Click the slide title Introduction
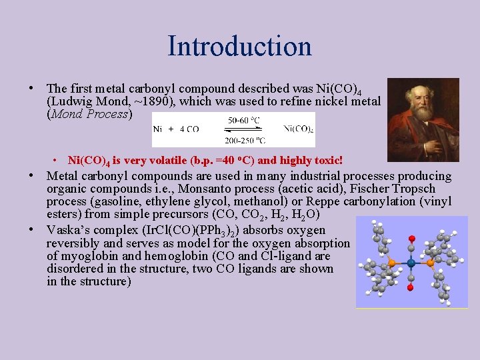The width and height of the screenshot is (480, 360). click(239, 46)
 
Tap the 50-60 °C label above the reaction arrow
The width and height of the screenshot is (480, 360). click(244, 120)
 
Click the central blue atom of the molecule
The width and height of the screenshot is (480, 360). click(411, 263)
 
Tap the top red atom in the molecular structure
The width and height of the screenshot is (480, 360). click(411, 238)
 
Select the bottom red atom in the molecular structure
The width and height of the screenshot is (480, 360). click(411, 287)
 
